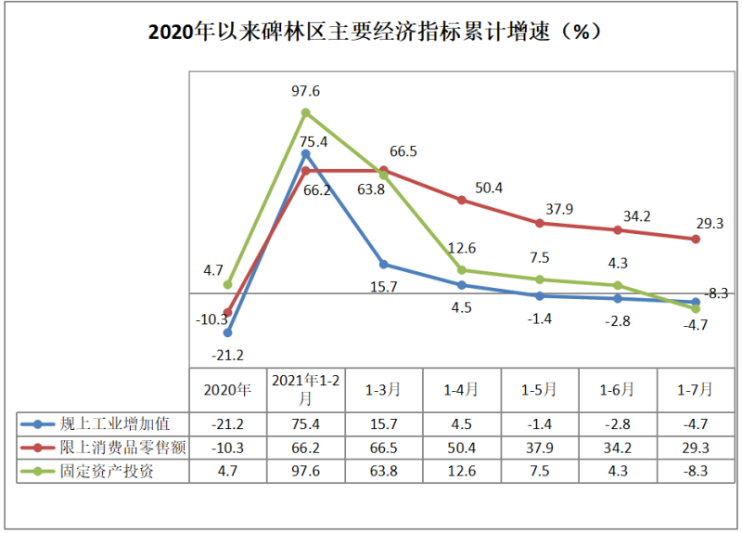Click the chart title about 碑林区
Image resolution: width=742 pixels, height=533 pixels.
click(371, 32)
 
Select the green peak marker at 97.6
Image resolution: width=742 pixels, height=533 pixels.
click(305, 112)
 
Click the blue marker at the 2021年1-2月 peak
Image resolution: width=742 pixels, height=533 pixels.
click(305, 154)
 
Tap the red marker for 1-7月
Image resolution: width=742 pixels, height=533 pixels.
click(695, 240)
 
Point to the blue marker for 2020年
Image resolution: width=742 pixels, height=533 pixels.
click(227, 332)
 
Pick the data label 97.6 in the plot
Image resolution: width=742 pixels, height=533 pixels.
click(305, 91)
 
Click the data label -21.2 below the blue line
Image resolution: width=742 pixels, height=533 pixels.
click(227, 355)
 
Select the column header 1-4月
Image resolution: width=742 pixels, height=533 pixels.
click(461, 389)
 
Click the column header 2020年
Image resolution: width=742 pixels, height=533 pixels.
click(227, 389)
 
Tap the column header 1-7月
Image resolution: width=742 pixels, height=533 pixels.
click(695, 389)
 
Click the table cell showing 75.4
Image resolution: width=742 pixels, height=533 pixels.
click(305, 423)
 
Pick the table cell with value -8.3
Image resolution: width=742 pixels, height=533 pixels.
click(695, 471)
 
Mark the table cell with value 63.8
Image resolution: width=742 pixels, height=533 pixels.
click(383, 471)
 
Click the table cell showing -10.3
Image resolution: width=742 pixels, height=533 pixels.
click(227, 448)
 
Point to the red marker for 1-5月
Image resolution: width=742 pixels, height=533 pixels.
click(539, 223)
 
